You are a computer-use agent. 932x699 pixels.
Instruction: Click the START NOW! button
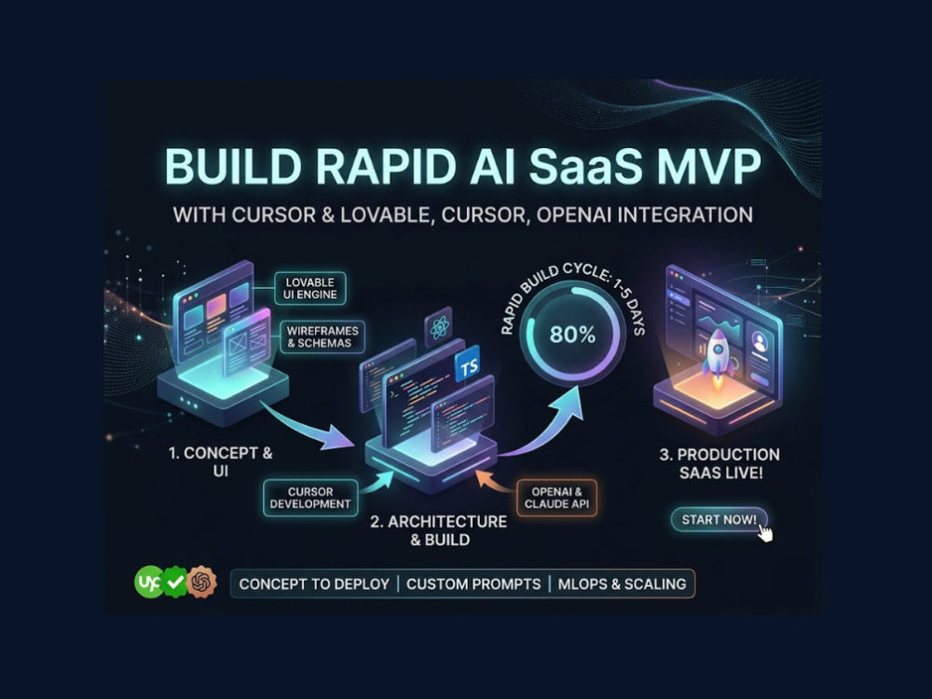click(720, 519)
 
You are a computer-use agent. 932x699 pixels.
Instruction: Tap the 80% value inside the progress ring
click(572, 335)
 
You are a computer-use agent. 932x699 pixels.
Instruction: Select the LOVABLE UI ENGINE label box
click(309, 288)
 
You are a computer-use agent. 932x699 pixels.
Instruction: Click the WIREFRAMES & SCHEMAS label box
click(322, 336)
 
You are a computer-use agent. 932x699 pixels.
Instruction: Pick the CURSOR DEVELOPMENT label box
click(310, 498)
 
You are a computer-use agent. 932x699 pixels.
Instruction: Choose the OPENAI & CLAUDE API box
click(556, 498)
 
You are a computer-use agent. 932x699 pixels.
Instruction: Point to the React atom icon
click(439, 327)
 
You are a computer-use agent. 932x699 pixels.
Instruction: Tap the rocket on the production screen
click(718, 355)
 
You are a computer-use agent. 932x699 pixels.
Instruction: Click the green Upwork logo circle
click(149, 582)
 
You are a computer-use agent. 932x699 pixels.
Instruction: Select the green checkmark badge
click(175, 582)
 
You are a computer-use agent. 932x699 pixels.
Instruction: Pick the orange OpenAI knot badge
click(201, 582)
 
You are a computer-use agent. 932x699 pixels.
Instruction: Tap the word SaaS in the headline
click(585, 167)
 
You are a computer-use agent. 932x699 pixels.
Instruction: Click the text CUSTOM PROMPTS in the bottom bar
click(473, 583)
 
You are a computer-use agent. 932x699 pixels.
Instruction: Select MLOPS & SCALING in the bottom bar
click(622, 583)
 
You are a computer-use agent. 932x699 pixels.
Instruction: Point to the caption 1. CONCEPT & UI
click(221, 462)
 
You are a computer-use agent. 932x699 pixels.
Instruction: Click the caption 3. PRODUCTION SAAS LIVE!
click(720, 463)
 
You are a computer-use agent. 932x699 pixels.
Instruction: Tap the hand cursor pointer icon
click(765, 532)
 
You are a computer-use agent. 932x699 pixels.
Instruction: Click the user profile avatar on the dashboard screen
click(759, 342)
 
